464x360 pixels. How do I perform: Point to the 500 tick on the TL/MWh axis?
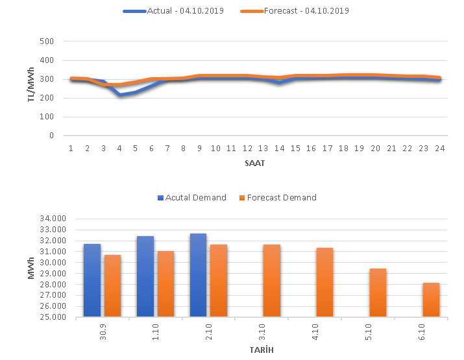[x=54, y=42]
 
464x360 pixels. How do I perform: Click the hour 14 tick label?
[x=279, y=149]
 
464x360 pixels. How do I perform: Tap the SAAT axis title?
[x=254, y=163]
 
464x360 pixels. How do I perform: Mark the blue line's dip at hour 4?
[x=119, y=95]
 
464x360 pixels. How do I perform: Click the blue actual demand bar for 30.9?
[x=92, y=280]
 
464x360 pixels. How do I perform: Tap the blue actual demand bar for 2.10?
[x=198, y=275]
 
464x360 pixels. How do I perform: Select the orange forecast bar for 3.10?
[x=272, y=281]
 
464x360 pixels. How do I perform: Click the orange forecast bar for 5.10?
[x=378, y=293]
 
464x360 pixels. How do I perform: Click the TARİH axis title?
[x=261, y=350]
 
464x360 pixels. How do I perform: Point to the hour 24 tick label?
[x=439, y=149]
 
